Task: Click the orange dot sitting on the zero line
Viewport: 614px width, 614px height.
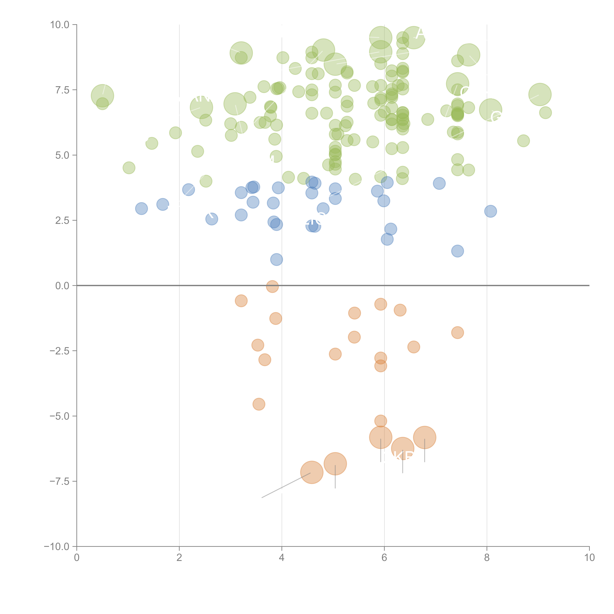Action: coord(272,286)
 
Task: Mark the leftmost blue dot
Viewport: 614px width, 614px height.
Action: coord(141,209)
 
